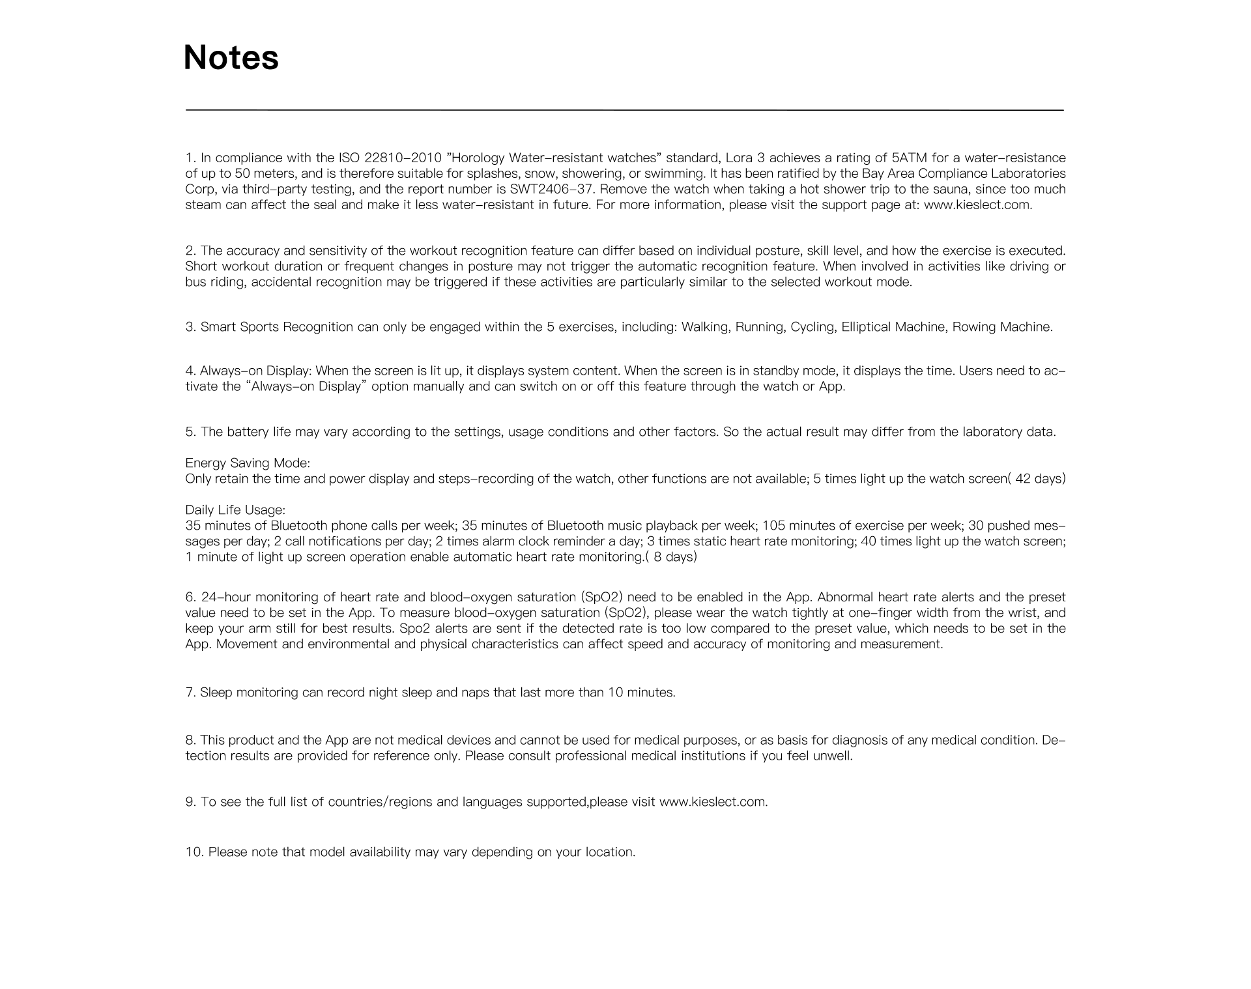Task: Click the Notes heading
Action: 231,58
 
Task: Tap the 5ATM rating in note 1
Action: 909,158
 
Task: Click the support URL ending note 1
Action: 978,205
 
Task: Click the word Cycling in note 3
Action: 812,327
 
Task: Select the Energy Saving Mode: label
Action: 248,463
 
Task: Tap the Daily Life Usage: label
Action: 235,509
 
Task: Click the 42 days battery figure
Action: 1039,479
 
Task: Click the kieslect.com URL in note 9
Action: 713,802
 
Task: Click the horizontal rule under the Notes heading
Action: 624,110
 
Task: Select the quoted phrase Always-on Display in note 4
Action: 306,387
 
